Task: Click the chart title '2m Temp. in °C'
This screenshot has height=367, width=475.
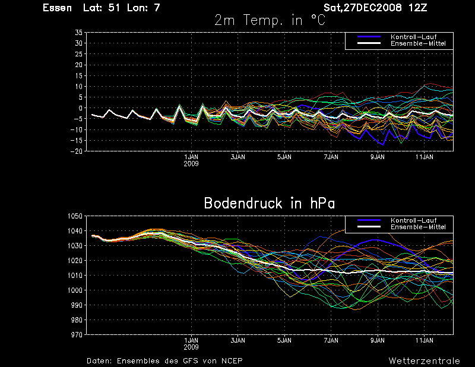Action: point(270,20)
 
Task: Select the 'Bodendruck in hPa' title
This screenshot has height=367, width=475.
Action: point(270,203)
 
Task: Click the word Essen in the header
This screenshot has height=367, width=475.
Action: point(57,8)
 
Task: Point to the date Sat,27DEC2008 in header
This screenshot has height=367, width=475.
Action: point(363,8)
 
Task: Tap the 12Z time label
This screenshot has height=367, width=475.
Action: point(417,8)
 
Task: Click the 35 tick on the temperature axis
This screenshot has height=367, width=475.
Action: point(78,33)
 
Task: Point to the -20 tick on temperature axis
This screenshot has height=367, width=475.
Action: point(77,151)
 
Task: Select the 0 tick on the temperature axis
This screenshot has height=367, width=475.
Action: point(80,108)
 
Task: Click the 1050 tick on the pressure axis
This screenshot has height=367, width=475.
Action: point(75,216)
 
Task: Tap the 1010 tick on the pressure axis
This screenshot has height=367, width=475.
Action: point(75,276)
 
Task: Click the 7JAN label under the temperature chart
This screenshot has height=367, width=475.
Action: point(331,157)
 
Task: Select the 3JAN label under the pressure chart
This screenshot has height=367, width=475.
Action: point(238,340)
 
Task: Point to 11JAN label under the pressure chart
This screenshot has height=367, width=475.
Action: point(424,340)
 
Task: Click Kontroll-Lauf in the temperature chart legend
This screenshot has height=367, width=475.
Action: point(413,37)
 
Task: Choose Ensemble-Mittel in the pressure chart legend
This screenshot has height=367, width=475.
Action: point(418,227)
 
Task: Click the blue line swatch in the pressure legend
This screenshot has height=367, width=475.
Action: point(369,220)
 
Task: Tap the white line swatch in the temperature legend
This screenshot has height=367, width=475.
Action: point(369,43)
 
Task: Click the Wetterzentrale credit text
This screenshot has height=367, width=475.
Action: point(424,361)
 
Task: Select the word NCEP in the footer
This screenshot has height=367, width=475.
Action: point(232,361)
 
